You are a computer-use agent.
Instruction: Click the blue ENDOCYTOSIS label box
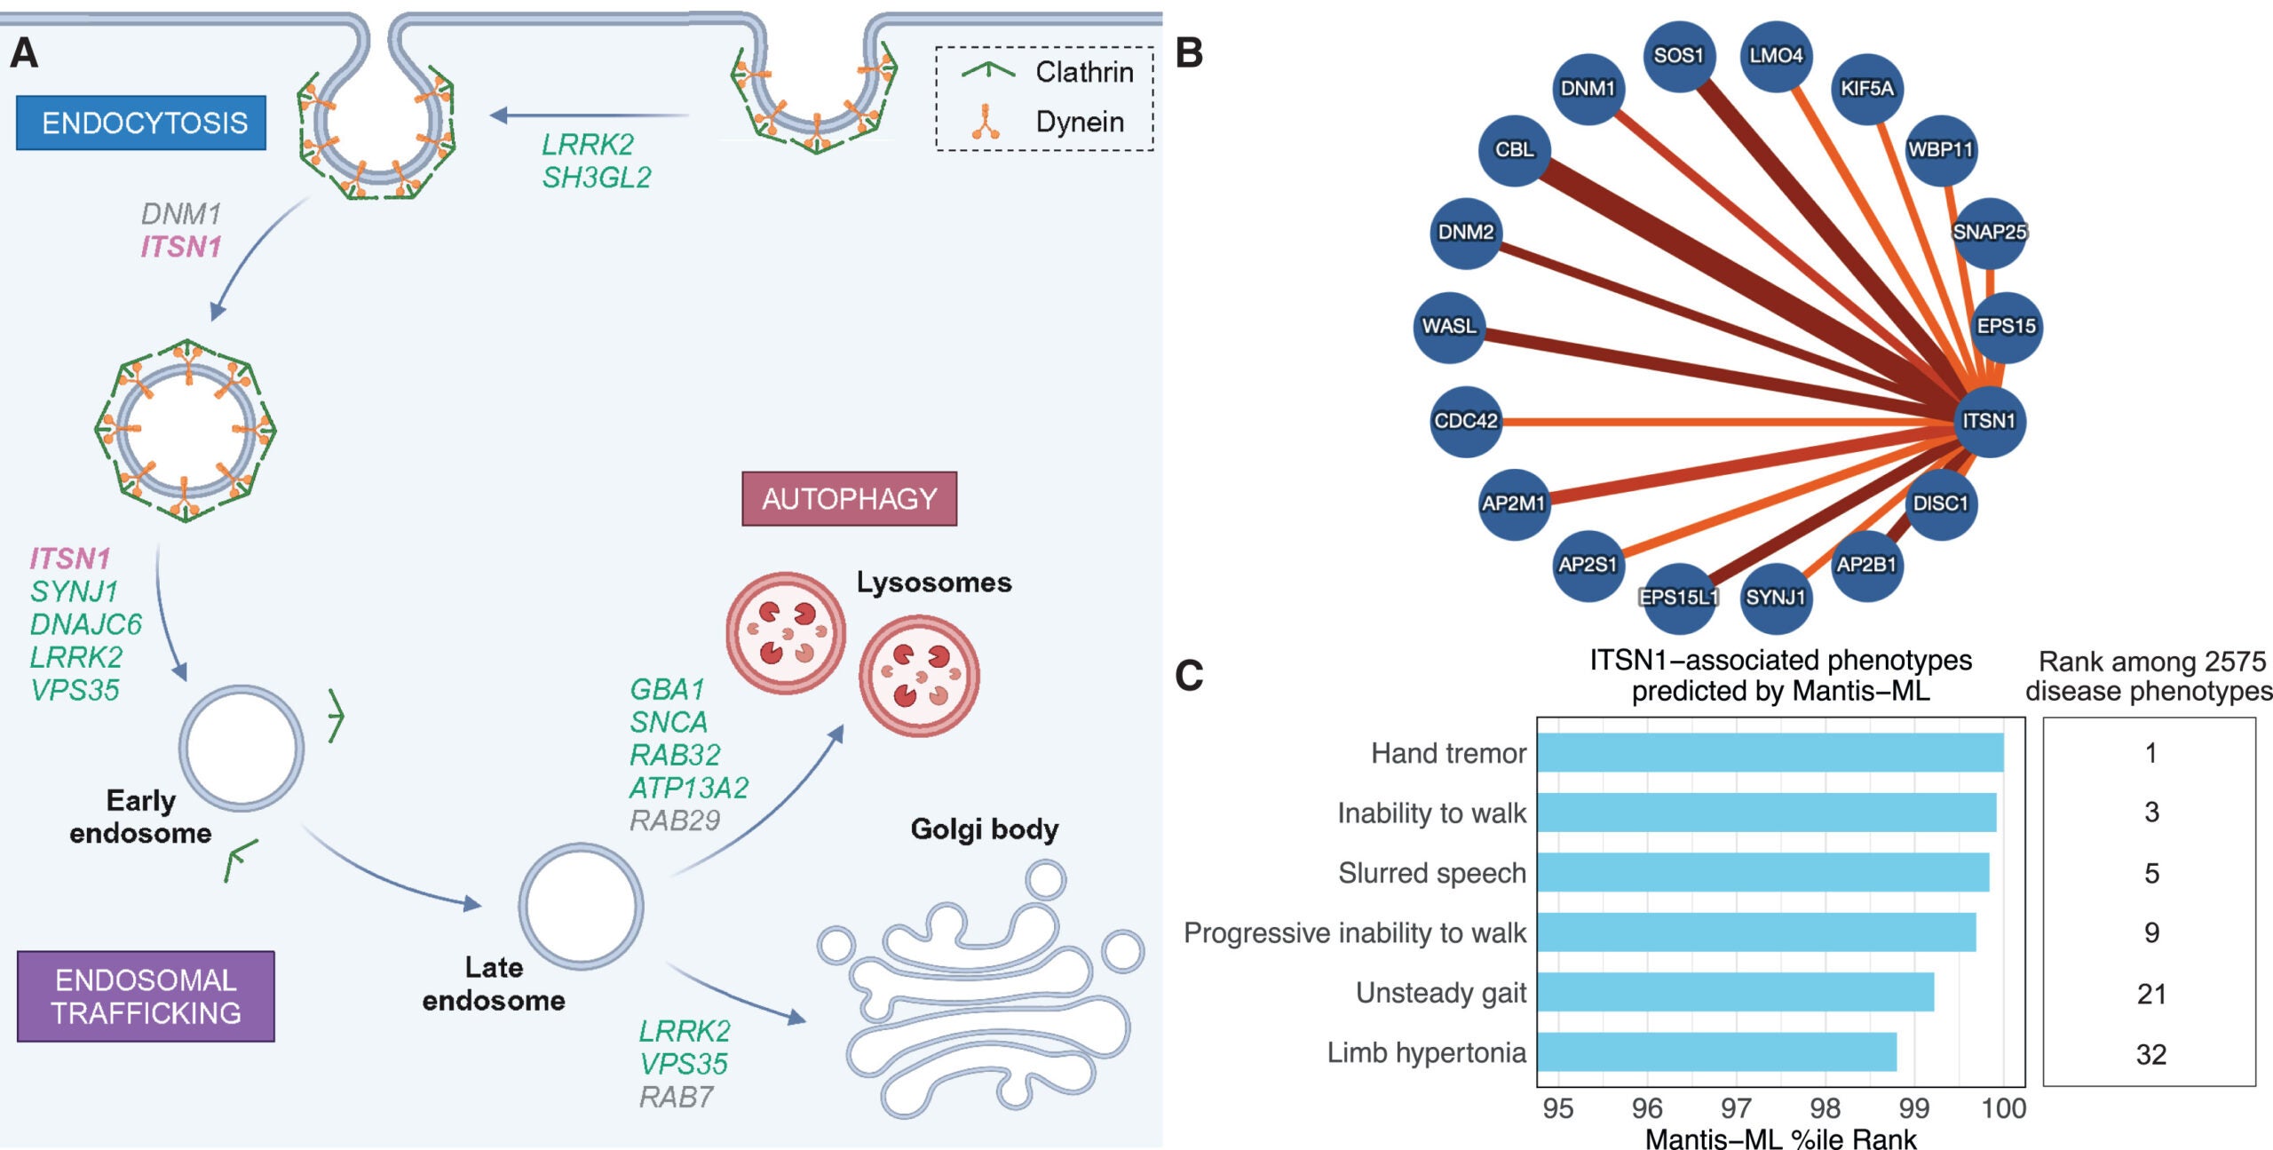coord(141,123)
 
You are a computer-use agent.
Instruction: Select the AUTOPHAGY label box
coord(849,498)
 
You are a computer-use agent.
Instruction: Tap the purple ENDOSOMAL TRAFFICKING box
coord(146,995)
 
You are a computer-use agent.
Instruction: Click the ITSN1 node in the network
coord(1989,421)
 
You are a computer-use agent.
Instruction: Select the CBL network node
coord(1514,149)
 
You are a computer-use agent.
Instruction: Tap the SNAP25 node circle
coord(1989,232)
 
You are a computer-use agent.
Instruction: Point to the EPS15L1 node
coord(1678,597)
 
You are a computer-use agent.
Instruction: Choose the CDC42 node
coord(1466,421)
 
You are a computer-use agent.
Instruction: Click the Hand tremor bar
coord(1770,753)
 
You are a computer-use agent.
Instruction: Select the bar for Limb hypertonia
coord(1716,1052)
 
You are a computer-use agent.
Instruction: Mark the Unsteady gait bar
coord(1735,992)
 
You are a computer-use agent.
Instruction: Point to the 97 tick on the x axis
coord(1736,1108)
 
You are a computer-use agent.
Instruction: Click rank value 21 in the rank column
coord(2150,994)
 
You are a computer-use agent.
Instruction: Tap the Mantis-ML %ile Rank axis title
coord(1780,1138)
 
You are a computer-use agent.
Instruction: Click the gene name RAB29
coord(675,820)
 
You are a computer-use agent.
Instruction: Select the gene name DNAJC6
coord(85,624)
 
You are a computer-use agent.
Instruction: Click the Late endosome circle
coord(581,906)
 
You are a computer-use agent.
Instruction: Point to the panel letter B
coord(1189,53)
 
